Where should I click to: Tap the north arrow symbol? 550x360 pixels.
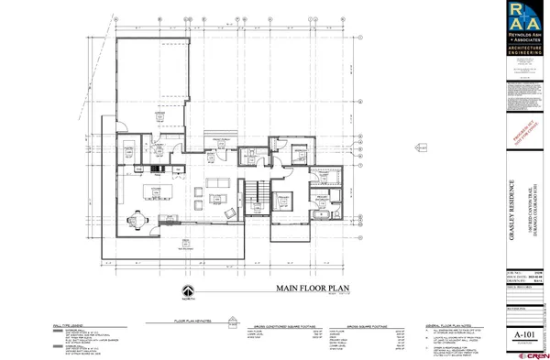[187, 294]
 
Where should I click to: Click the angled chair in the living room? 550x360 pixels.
[229, 211]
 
